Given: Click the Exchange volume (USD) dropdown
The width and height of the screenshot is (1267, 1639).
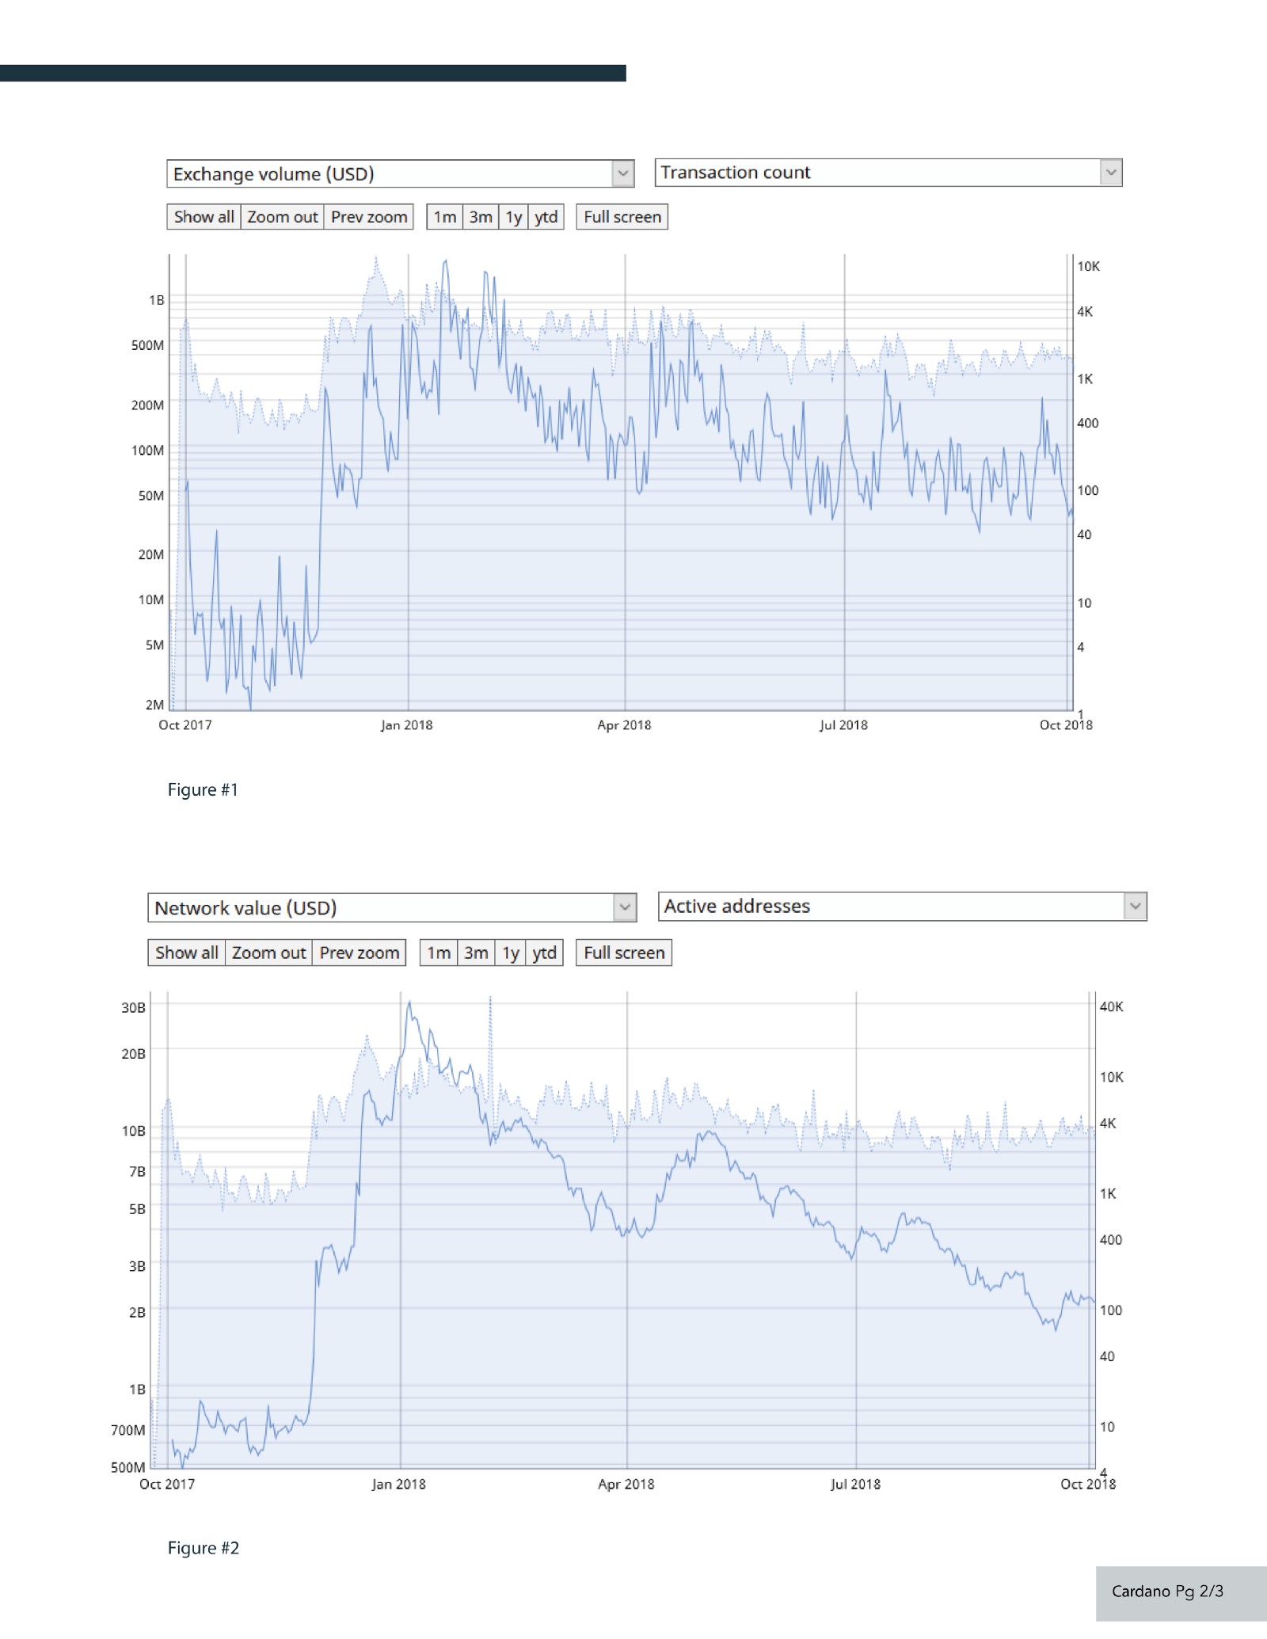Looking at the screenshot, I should tap(400, 174).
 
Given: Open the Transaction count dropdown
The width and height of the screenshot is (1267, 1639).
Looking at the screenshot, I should tap(888, 173).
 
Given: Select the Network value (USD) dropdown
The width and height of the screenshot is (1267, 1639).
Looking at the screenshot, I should tap(392, 907).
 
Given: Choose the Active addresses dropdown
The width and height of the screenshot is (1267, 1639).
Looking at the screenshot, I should tap(902, 907).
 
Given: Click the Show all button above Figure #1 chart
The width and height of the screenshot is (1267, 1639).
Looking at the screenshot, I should tap(204, 217).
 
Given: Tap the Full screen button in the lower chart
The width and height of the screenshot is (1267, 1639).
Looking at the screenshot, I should tap(624, 953).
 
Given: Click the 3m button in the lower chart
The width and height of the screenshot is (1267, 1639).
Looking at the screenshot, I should tap(476, 953).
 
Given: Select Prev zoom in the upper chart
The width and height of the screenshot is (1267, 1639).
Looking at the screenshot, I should tap(369, 217).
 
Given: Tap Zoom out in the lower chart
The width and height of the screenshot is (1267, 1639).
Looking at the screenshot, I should tap(268, 953).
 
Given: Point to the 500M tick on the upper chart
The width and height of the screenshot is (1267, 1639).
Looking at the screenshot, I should tap(148, 345).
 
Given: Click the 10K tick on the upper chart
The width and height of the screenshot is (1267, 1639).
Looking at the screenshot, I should tap(1088, 267).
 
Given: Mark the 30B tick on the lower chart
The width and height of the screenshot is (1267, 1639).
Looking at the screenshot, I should tap(133, 1008).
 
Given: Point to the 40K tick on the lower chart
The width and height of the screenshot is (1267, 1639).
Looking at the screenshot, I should tap(1111, 1007).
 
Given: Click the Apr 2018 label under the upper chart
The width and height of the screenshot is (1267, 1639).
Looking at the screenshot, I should tap(624, 725).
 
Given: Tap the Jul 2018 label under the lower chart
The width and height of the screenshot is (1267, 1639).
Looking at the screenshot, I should tap(855, 1485).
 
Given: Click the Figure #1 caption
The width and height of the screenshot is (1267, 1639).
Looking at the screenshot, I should tap(203, 790).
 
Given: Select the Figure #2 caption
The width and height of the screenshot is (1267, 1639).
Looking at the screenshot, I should tap(204, 1548).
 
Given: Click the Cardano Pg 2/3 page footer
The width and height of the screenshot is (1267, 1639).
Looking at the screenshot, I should tap(1167, 1591).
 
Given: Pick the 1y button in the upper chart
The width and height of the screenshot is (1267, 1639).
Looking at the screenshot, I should tap(514, 217).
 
